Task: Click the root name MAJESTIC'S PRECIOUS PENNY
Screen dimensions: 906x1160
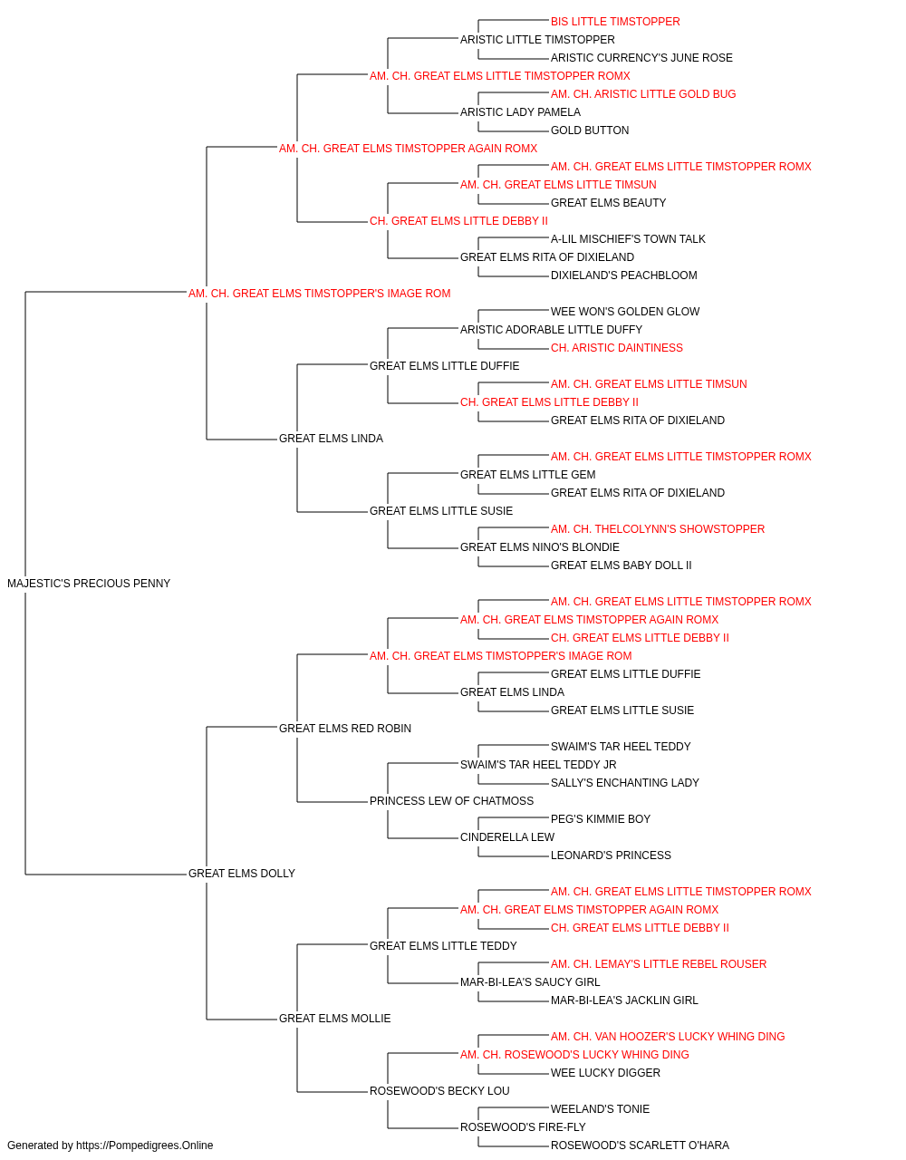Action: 89,584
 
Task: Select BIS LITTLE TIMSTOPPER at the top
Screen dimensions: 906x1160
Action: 615,22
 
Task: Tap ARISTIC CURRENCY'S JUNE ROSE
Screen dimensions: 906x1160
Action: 641,58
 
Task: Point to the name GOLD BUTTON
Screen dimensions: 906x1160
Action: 590,130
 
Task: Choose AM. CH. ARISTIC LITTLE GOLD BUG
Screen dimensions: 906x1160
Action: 643,94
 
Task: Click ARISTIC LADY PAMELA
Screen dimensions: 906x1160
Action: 520,112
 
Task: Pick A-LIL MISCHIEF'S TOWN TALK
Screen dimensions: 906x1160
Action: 628,239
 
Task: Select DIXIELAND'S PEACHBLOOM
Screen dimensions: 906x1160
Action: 623,275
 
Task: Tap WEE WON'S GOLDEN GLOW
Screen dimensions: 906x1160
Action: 625,312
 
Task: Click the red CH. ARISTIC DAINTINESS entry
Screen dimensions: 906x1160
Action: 617,348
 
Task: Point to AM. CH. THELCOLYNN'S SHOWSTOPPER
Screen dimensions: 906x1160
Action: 658,529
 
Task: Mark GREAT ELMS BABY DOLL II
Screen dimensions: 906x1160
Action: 622,565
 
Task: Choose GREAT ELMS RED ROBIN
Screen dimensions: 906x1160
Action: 344,729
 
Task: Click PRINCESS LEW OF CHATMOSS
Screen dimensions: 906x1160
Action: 451,801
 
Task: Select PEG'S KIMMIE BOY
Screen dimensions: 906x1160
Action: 601,819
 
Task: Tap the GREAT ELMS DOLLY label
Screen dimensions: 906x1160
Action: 242,874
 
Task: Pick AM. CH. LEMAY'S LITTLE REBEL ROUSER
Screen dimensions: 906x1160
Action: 659,964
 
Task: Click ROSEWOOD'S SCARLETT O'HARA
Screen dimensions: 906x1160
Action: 640,1145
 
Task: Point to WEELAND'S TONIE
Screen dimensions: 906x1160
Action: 601,1108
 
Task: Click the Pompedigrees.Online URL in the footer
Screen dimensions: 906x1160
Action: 145,1145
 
